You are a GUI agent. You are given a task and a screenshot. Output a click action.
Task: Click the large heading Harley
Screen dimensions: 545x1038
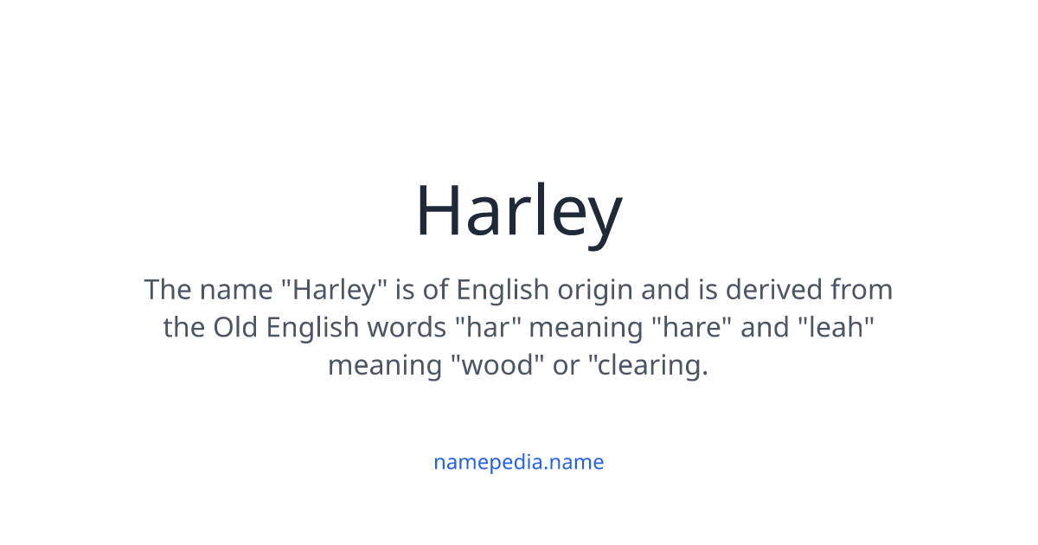518,211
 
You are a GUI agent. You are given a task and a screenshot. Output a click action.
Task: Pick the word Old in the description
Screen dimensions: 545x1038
236,327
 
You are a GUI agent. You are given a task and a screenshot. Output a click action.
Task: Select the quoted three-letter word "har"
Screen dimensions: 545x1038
489,327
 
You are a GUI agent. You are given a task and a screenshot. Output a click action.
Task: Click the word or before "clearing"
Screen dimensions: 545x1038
566,365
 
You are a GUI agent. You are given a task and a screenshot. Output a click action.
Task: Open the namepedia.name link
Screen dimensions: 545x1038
518,462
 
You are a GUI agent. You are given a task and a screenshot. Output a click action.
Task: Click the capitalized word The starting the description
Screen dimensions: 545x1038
170,289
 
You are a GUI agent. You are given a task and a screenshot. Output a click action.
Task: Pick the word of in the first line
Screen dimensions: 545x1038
437,289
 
